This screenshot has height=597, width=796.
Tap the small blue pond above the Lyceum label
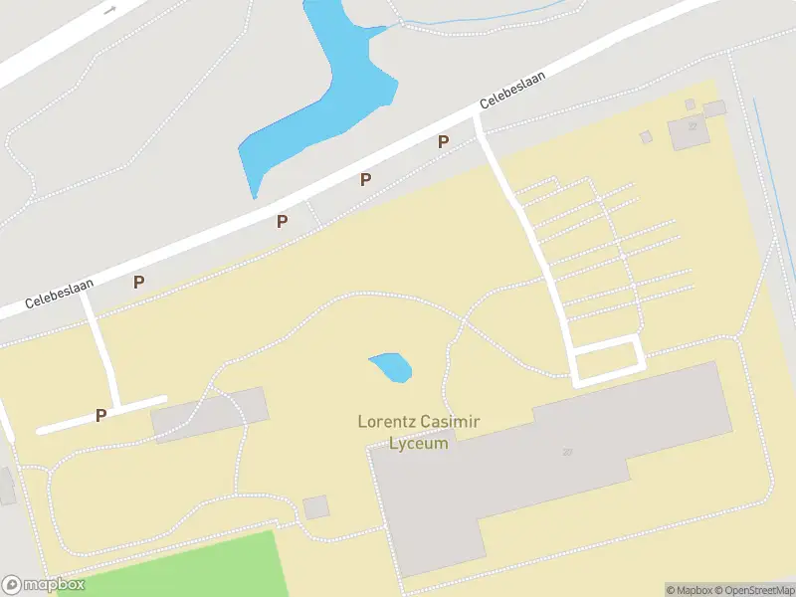(391, 367)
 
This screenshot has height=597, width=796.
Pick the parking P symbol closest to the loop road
(443, 141)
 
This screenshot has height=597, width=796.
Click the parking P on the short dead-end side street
(100, 415)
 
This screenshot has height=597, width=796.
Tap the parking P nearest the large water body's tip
(282, 221)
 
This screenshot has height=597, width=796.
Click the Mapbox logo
(43, 585)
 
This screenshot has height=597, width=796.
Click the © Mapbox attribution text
(689, 590)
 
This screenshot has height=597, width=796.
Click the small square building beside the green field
(316, 507)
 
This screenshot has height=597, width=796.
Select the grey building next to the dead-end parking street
(210, 414)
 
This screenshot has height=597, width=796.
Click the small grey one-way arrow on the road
(109, 9)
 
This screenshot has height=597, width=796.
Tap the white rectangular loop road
(607, 361)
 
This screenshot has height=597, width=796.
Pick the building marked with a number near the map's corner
(687, 129)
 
